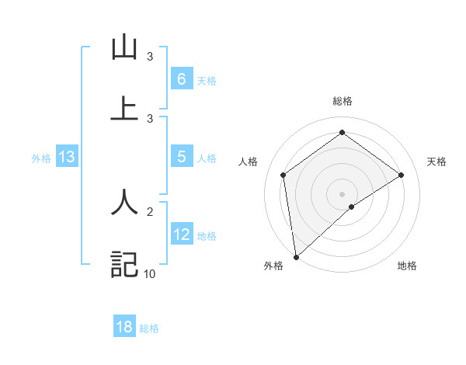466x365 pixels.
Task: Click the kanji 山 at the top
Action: pyautogui.click(x=124, y=47)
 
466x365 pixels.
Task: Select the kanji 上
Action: pyautogui.click(x=124, y=109)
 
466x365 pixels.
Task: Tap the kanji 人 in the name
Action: pyautogui.click(x=124, y=202)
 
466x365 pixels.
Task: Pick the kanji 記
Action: pyautogui.click(x=124, y=264)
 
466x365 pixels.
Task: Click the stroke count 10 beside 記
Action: pyautogui.click(x=150, y=273)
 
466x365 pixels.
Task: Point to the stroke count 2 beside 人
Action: pyautogui.click(x=150, y=210)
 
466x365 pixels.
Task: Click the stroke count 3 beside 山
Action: pyautogui.click(x=150, y=57)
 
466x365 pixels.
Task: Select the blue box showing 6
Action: pyautogui.click(x=181, y=79)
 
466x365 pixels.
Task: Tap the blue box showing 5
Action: pyautogui.click(x=181, y=157)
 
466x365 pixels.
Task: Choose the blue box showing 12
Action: pyautogui.click(x=182, y=235)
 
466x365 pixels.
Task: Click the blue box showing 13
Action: pyautogui.click(x=67, y=158)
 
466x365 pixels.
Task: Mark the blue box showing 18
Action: pyautogui.click(x=124, y=327)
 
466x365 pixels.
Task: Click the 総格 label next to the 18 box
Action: pyautogui.click(x=149, y=328)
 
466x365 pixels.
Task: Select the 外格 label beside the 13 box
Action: pyautogui.click(x=41, y=158)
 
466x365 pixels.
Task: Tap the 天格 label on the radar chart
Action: pyautogui.click(x=436, y=162)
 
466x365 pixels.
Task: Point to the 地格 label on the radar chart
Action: pyautogui.click(x=407, y=266)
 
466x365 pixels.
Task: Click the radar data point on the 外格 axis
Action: pyautogui.click(x=295, y=257)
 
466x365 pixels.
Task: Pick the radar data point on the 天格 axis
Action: pyautogui.click(x=401, y=175)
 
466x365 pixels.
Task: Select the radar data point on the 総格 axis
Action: pyautogui.click(x=342, y=133)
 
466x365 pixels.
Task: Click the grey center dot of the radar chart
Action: pyautogui.click(x=342, y=193)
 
